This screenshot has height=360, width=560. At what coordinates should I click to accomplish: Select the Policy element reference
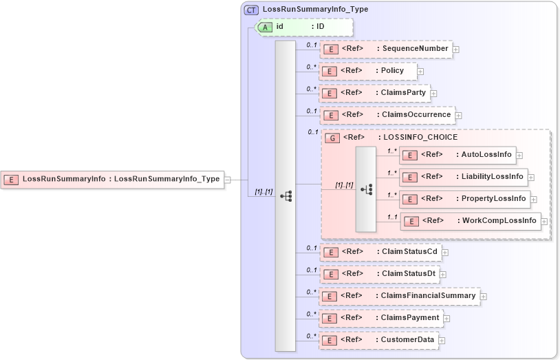pyautogui.click(x=369, y=71)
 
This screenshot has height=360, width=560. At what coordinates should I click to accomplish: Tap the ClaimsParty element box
pyautogui.click(x=375, y=92)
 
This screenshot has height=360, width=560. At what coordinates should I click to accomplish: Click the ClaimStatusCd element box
pyautogui.click(x=380, y=252)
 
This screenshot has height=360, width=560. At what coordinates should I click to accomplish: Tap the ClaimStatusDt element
pyautogui.click(x=380, y=273)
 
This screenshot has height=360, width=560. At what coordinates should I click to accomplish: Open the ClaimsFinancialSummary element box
pyautogui.click(x=400, y=296)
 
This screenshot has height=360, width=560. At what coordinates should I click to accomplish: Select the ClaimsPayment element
pyautogui.click(x=381, y=318)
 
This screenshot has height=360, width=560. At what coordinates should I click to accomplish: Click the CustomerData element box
pyautogui.click(x=379, y=340)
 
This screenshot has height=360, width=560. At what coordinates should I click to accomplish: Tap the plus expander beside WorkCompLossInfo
pyautogui.click(x=544, y=222)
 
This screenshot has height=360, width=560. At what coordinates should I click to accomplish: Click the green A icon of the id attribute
pyautogui.click(x=265, y=27)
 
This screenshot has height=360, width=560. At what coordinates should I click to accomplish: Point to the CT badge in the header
pyautogui.click(x=251, y=10)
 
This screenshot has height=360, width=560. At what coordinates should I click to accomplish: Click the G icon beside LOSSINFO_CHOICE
pyautogui.click(x=332, y=138)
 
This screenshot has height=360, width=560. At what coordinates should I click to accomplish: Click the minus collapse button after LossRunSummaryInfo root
pyautogui.click(x=228, y=180)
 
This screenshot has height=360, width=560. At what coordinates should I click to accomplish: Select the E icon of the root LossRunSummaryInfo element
pyautogui.click(x=12, y=180)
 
